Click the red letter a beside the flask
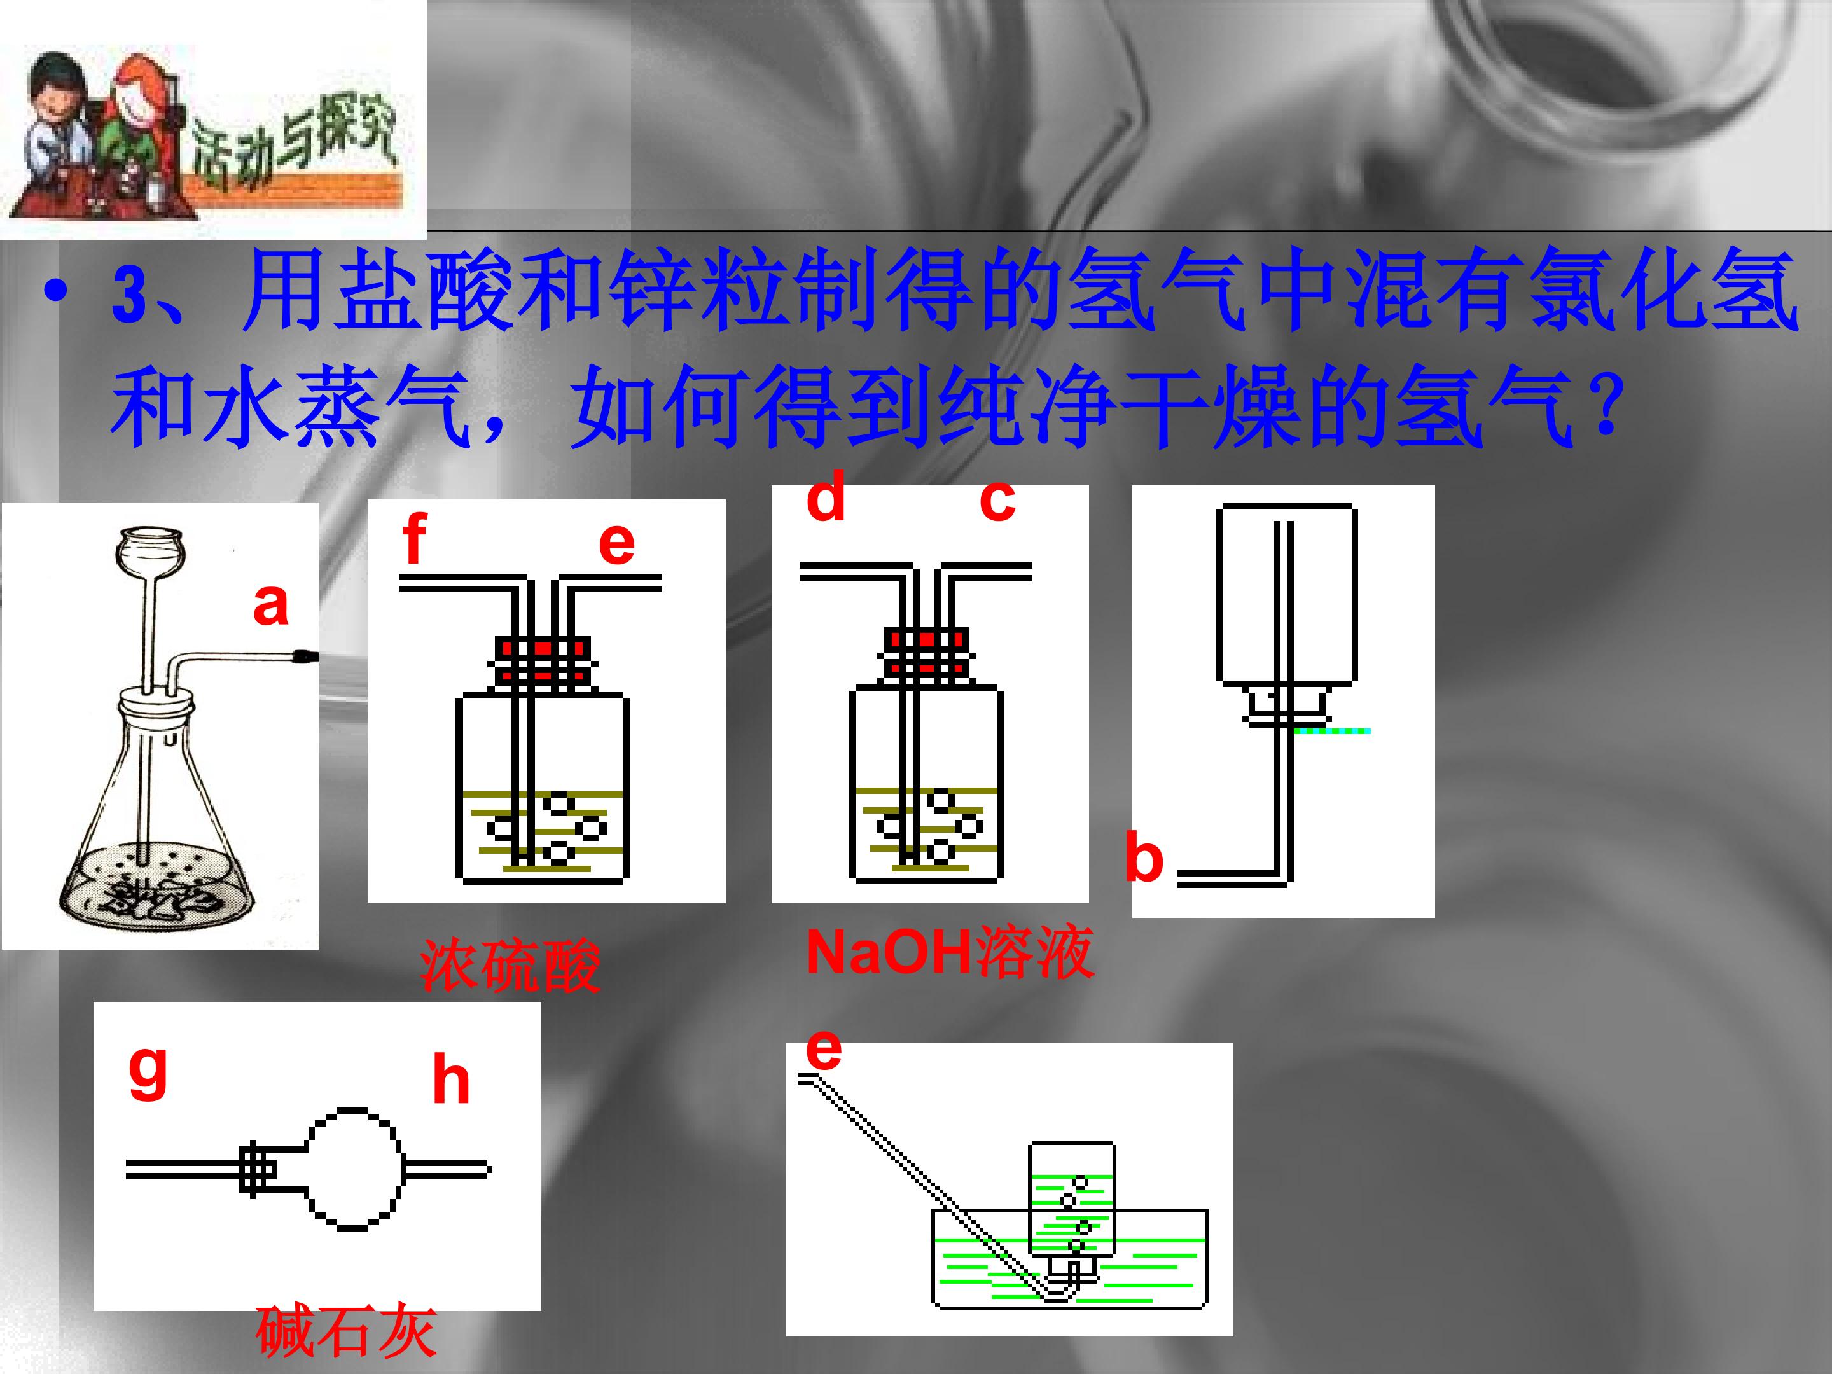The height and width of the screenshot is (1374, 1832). point(271,604)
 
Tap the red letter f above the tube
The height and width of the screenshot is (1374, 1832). point(414,538)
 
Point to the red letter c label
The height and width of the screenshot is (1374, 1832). point(997,502)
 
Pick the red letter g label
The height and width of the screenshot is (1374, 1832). point(148,1072)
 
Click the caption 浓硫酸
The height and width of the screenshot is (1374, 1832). point(510,965)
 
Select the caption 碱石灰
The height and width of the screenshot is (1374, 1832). point(345,1331)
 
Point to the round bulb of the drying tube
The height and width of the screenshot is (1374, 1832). point(354,1169)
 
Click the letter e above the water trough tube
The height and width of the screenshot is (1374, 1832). point(823,1050)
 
